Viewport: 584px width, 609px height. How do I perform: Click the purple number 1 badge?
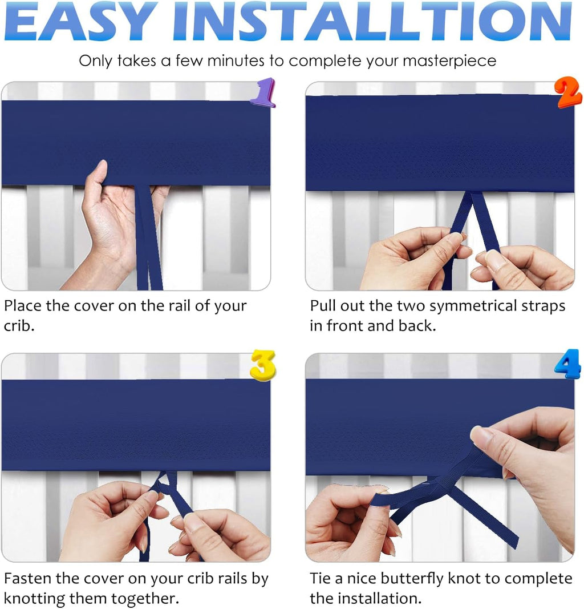(263, 93)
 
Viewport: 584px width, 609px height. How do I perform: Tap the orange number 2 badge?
(568, 92)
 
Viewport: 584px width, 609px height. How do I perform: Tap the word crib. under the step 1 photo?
(19, 326)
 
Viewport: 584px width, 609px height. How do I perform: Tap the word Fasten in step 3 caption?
(27, 579)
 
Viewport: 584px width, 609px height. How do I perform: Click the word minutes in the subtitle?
(234, 61)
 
